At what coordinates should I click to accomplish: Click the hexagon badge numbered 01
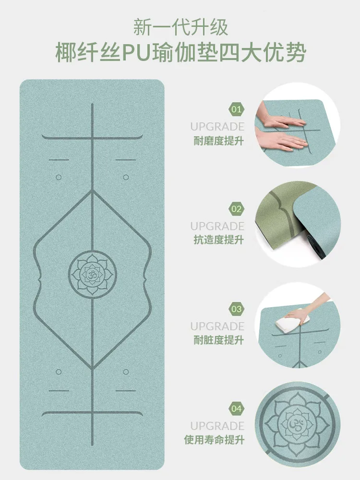click(x=237, y=109)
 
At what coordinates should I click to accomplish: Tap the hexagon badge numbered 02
click(x=237, y=209)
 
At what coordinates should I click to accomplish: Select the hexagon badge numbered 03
click(x=237, y=309)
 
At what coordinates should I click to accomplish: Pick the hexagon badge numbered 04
click(x=237, y=409)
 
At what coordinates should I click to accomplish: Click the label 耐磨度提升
click(x=217, y=141)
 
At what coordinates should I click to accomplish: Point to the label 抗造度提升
click(x=217, y=240)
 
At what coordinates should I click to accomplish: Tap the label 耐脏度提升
click(x=217, y=340)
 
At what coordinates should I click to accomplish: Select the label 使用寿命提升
click(x=214, y=440)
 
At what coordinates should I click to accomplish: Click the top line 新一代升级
click(x=180, y=27)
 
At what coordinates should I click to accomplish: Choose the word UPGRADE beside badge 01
click(x=217, y=127)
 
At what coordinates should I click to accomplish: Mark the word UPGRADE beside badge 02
click(x=217, y=226)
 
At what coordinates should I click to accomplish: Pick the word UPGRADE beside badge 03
click(x=217, y=326)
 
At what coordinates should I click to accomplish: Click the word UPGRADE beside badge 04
click(x=217, y=426)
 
